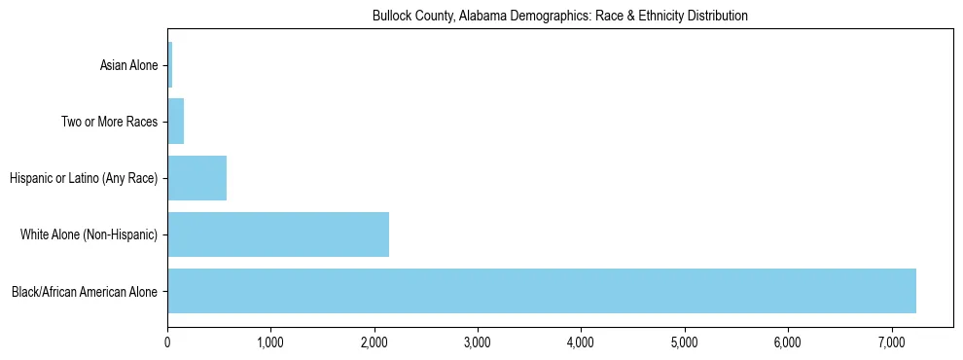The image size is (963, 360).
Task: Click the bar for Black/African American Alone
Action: [x=541, y=291]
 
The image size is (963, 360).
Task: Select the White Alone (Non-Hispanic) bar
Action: [x=278, y=234]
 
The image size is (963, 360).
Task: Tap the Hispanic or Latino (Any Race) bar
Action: [x=196, y=178]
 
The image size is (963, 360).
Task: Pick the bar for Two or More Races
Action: [x=175, y=122]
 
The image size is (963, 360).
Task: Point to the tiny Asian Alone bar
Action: [x=170, y=65]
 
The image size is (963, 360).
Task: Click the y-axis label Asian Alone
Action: [x=128, y=66]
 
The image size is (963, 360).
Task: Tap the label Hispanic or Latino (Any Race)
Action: [x=84, y=179]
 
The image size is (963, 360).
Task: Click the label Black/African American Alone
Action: [x=85, y=292]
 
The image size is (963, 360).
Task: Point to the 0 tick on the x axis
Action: [x=167, y=342]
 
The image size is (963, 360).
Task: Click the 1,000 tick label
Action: [x=270, y=342]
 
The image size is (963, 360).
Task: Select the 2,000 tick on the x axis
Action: [x=374, y=342]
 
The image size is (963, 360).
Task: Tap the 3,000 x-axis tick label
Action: [x=478, y=342]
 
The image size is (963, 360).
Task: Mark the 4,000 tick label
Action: [x=581, y=342]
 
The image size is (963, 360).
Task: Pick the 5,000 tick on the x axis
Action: [x=685, y=342]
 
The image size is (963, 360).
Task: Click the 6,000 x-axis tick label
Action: [x=788, y=342]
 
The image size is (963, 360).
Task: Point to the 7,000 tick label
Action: [x=891, y=342]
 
